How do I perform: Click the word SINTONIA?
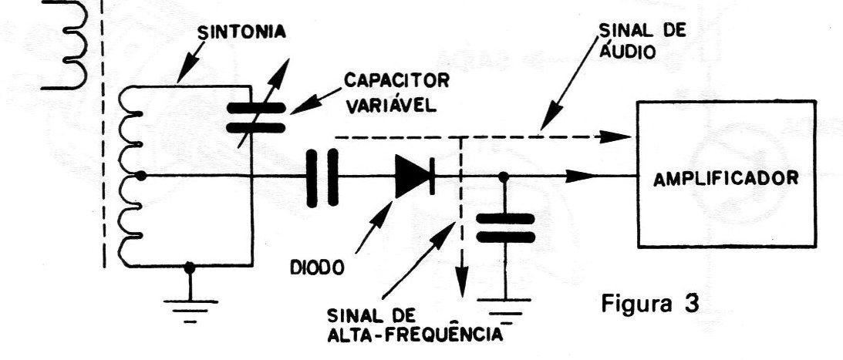click(241, 32)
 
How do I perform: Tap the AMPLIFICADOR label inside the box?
click(727, 177)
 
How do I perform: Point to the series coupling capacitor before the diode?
click(322, 177)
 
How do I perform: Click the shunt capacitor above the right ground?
click(505, 228)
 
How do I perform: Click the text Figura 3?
click(650, 304)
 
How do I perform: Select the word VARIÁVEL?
click(391, 106)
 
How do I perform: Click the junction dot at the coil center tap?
click(141, 176)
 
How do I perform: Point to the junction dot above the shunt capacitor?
click(504, 177)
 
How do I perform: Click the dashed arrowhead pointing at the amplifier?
click(615, 136)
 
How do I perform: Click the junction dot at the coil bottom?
click(189, 266)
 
